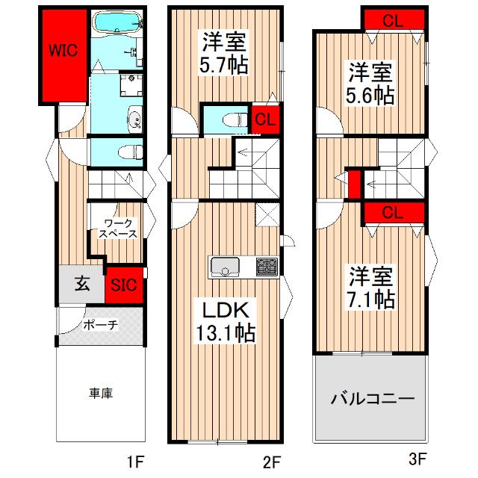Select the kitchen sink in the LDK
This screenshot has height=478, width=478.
tap(225, 267)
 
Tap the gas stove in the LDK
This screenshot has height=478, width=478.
tap(265, 267)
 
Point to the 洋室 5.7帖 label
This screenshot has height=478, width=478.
tap(223, 52)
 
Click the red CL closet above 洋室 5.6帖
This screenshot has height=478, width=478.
tap(393, 20)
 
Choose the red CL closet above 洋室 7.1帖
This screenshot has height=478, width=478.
tap(393, 212)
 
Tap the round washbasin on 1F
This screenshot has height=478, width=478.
tap(134, 118)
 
